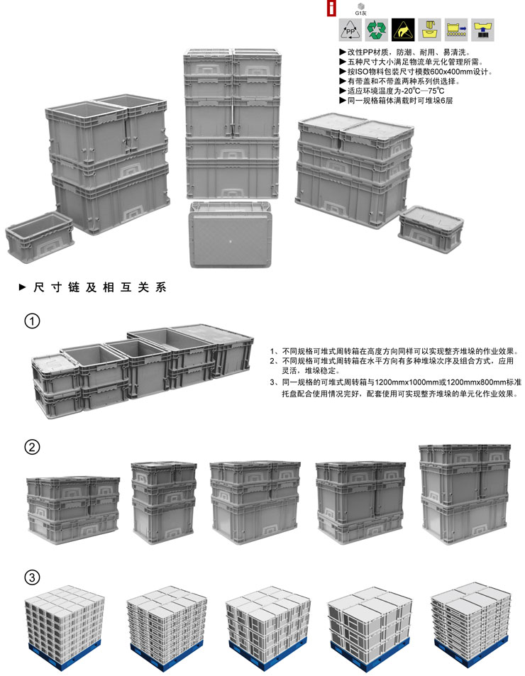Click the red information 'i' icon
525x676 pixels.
click(x=331, y=9)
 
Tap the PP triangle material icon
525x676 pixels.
click(x=350, y=30)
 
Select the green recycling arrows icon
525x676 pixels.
click(x=377, y=30)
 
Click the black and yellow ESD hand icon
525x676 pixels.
click(x=404, y=30)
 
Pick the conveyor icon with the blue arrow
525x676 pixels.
click(x=456, y=30)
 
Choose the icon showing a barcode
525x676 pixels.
click(x=482, y=30)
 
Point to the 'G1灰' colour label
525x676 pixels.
click(x=361, y=13)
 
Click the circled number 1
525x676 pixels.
click(x=33, y=321)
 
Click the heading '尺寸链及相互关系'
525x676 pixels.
click(x=99, y=287)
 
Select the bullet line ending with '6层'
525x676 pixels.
click(x=396, y=101)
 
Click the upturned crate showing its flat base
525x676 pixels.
click(x=231, y=234)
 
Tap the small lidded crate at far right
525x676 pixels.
click(x=431, y=229)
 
